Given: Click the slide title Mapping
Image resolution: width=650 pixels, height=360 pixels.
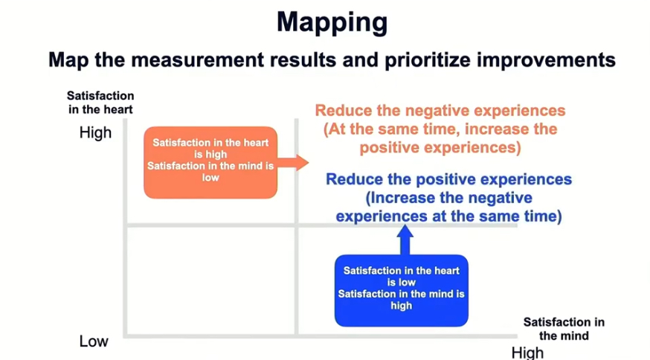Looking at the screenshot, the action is pos(332,23).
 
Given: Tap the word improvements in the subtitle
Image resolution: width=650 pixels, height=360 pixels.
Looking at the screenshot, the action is pos(546,60).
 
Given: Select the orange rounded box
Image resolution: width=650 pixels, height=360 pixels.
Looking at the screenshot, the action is pos(210,163).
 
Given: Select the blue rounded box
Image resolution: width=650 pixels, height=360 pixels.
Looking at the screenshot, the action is pos(402,291).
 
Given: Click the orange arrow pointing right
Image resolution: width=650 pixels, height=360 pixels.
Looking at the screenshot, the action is pos(293,163).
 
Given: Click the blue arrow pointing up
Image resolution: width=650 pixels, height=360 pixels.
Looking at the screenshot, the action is pos(405,240).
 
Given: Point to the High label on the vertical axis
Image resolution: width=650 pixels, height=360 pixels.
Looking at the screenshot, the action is pos(95,133).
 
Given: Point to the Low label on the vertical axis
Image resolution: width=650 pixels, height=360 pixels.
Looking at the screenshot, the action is pos(94,341).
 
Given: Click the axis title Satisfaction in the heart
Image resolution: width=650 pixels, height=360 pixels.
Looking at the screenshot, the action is pos(100,103).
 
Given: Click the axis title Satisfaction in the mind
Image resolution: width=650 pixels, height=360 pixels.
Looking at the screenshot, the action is pos(564,329).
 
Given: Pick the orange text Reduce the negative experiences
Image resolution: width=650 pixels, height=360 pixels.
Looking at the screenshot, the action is pos(440,111).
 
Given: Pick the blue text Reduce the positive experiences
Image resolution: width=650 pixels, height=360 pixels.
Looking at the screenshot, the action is pos(448,179).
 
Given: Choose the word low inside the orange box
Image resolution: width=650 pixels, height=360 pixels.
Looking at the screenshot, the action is pos(210,178).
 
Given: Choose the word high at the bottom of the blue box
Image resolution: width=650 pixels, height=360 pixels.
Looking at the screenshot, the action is pos(402,306).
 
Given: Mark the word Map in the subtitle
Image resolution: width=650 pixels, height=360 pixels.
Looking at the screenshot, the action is pos(68,60).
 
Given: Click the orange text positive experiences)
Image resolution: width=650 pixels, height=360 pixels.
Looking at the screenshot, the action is pos(440,148).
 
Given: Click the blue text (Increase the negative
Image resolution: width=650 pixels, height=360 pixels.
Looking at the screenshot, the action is pos(448,198).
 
